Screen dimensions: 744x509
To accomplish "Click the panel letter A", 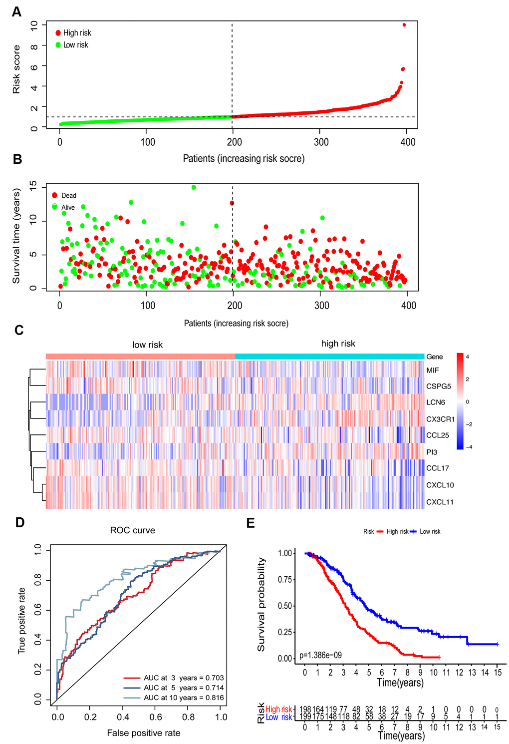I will (x=16, y=11).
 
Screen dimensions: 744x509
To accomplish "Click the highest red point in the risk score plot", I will (x=404, y=25).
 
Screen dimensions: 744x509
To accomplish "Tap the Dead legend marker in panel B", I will (x=55, y=195).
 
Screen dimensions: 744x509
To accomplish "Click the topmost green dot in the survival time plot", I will (x=194, y=187).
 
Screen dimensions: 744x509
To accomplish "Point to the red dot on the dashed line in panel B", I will (x=232, y=203).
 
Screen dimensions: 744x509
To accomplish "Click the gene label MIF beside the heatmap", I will (x=433, y=371).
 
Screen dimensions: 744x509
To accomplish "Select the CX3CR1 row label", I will (x=440, y=419).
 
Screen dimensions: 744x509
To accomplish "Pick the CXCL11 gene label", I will (x=440, y=502).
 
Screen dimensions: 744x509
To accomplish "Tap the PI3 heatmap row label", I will (x=432, y=452).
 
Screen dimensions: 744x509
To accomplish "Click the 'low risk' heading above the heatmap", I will (x=147, y=345).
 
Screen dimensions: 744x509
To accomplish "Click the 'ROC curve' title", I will (x=133, y=530).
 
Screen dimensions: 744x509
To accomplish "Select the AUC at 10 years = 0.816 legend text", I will (x=184, y=698).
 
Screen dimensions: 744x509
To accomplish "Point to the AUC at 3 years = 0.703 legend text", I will (x=184, y=678).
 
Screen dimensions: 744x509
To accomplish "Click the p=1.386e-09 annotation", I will (x=320, y=655).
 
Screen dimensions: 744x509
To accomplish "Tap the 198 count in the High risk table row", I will (x=304, y=710).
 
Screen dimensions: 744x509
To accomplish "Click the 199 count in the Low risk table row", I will (x=304, y=717).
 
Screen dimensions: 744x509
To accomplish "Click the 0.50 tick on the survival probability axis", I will (x=284, y=606).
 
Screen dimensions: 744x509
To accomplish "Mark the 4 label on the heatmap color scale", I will (x=468, y=357).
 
